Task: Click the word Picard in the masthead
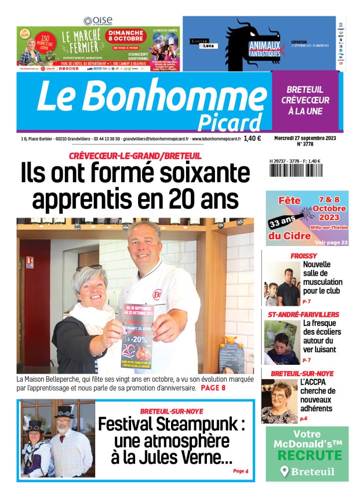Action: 229,122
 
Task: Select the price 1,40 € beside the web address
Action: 252,139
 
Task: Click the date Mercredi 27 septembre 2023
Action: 304,138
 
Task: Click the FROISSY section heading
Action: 304,256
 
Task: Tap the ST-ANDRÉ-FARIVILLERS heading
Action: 303,314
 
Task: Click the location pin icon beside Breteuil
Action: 285,472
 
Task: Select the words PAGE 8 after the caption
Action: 213,388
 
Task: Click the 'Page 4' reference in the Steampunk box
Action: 240,471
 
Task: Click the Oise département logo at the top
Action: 98,20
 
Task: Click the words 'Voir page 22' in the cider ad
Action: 332,243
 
